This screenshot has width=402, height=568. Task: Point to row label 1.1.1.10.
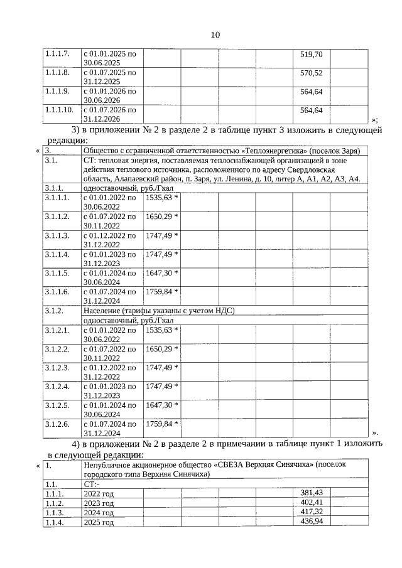[x=60, y=110]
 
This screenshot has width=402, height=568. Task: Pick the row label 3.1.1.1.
[x=58, y=198]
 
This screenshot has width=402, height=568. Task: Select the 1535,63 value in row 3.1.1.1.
[x=160, y=198]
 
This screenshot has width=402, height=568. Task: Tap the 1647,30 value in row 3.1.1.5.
[x=160, y=273]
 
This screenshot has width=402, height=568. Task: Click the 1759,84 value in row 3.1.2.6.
[x=160, y=424]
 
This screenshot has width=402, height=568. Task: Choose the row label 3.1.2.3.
[x=58, y=367]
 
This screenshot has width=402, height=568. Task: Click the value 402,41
[x=312, y=503]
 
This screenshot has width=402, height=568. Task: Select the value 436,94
[x=312, y=522]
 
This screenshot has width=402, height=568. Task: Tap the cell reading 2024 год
[x=99, y=513]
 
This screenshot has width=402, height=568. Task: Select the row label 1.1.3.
[x=55, y=513]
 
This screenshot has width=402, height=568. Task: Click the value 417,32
[x=312, y=512]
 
